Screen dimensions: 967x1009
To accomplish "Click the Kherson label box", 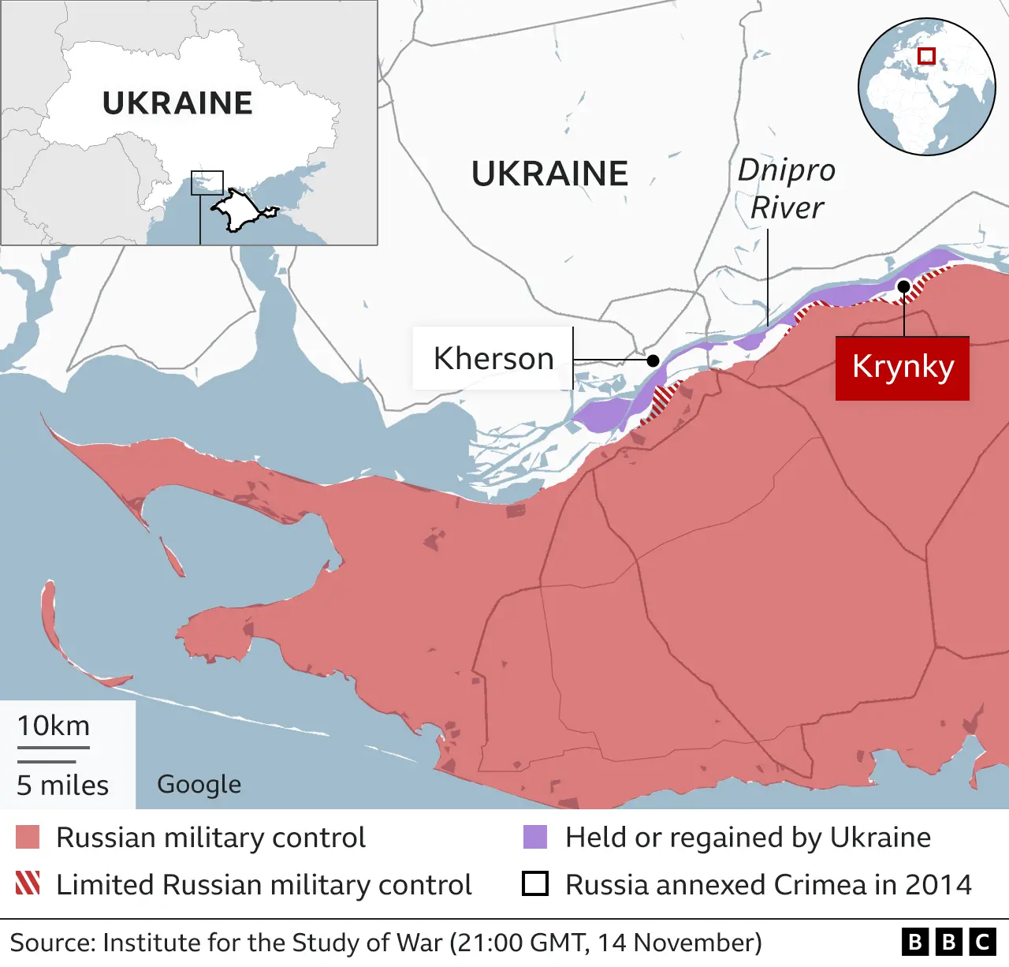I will [493, 359].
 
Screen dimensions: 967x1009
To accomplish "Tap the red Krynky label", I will [903, 368].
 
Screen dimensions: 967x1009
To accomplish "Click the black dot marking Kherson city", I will [653, 360].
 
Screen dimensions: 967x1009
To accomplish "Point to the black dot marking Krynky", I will [904, 286].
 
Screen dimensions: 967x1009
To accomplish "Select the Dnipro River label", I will [786, 189].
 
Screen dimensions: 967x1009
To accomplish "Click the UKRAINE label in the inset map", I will [177, 103].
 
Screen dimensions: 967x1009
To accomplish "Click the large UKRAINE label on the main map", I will [549, 174].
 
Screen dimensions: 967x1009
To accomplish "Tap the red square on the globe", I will [927, 56].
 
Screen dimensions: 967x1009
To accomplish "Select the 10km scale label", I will [54, 726].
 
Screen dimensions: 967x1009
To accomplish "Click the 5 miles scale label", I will [63, 786].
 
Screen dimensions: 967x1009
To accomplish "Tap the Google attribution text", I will [199, 785].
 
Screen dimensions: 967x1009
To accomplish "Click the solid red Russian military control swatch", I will [28, 838].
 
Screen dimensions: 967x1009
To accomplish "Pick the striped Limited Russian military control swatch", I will [28, 884].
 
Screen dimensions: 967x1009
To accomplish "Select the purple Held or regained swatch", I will [535, 838].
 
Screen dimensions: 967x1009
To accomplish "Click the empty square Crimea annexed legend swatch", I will [535, 884].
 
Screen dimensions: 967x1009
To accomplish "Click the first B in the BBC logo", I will [914, 943].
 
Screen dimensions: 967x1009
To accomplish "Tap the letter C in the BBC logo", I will [982, 943].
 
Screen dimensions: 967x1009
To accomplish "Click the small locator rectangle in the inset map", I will [207, 183].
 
